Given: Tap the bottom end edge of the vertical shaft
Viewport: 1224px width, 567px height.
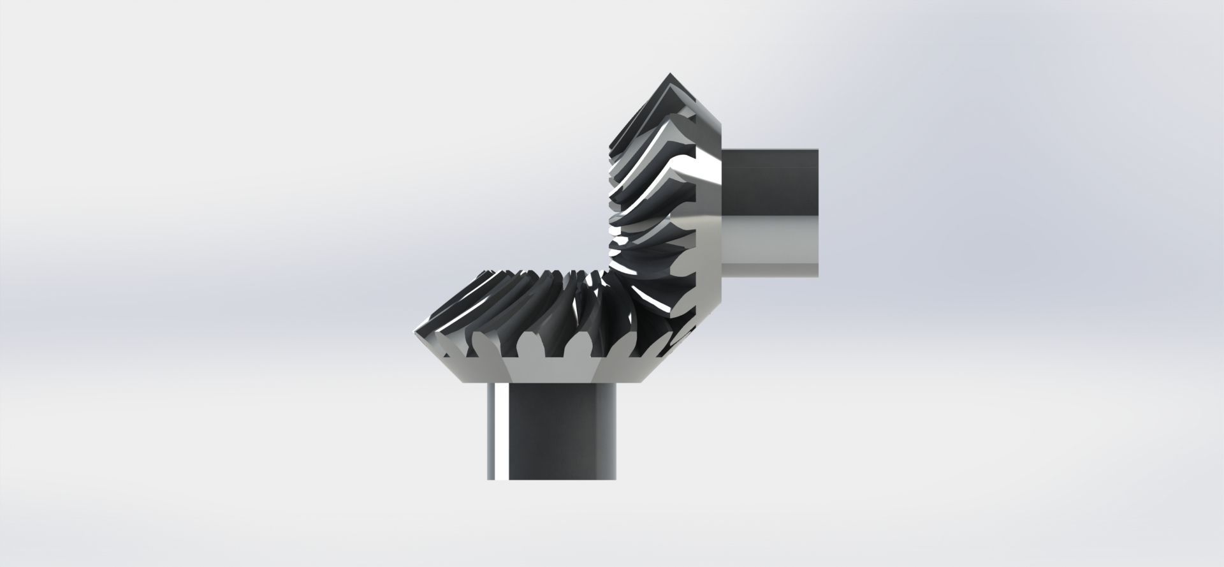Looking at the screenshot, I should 551,479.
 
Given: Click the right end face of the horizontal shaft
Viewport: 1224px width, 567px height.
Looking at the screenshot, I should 817,214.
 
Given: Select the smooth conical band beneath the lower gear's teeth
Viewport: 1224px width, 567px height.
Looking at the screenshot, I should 548,370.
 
